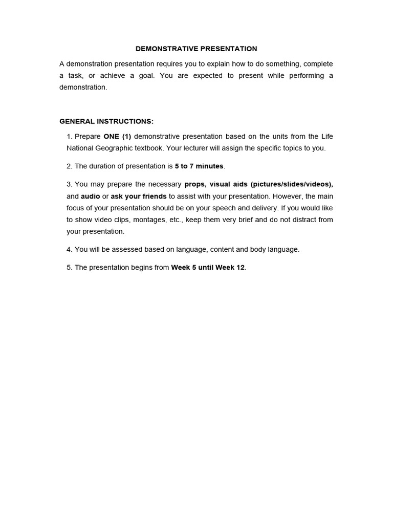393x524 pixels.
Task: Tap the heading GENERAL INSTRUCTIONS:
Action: (106, 121)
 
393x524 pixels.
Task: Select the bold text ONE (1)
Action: (117, 137)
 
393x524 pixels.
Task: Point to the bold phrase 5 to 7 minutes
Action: (199, 166)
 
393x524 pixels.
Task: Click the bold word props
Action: (194, 184)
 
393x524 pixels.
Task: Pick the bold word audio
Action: (91, 196)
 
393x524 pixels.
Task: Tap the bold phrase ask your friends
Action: (139, 196)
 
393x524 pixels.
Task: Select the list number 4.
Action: (69, 250)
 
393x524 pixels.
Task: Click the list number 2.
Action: (69, 166)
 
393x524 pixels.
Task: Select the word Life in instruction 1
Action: (327, 137)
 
